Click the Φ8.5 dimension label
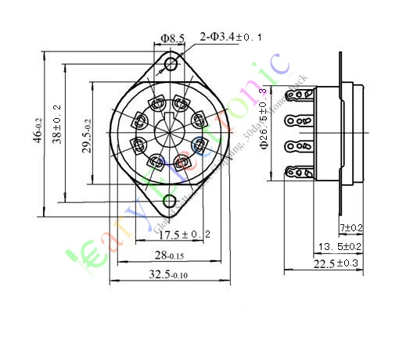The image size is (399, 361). [172, 38]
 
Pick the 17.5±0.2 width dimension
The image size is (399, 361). [185, 234]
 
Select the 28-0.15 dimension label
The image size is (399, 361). [168, 256]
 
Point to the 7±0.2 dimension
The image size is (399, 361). [350, 227]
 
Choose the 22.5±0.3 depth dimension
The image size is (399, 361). [337, 264]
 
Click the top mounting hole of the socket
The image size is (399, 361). [171, 63]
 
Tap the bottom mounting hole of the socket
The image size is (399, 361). [170, 202]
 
